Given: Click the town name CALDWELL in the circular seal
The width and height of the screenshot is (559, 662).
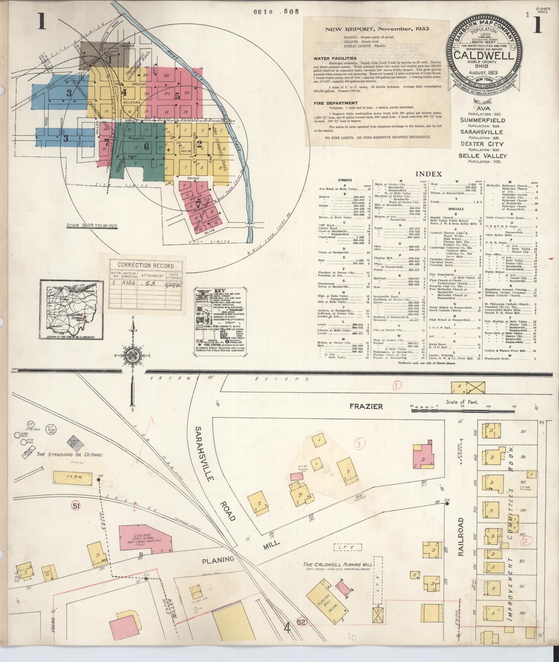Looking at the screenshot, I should (484, 55).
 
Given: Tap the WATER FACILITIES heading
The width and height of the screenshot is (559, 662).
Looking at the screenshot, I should (334, 58).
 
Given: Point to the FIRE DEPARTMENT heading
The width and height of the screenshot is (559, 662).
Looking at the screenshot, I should (335, 103).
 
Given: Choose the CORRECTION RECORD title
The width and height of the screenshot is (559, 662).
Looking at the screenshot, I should (146, 266).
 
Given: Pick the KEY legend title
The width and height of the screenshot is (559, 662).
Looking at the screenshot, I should (220, 290).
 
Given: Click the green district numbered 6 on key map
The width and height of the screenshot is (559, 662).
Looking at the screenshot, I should (147, 147).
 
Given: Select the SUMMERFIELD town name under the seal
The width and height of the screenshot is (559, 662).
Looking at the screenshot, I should (482, 120).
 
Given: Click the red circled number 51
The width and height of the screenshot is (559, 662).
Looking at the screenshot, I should (76, 505).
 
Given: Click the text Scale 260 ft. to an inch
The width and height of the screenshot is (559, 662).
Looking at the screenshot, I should (92, 226).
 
